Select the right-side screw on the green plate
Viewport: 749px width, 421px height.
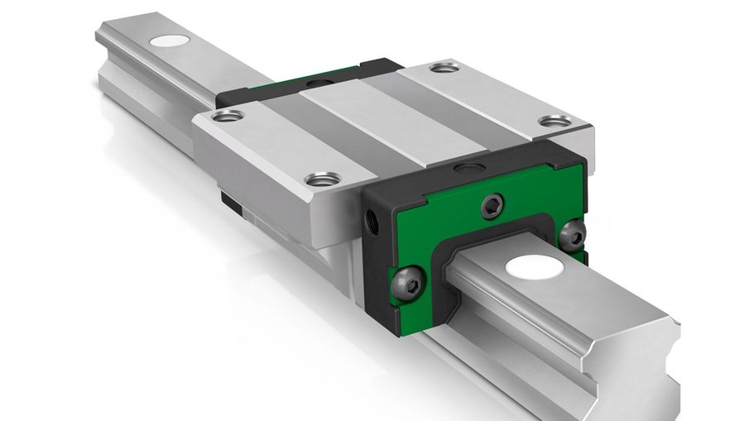coord(571,236)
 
